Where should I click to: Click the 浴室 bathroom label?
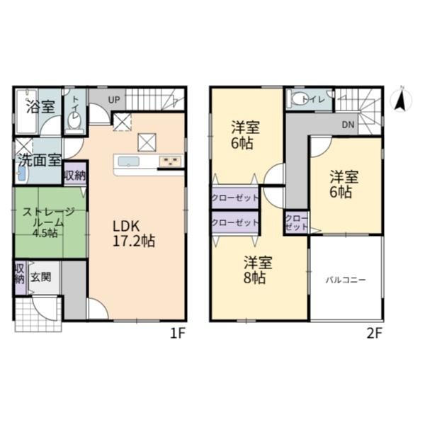coord(40,107)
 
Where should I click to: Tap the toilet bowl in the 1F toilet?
coord(74,121)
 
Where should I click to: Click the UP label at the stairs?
coord(114,100)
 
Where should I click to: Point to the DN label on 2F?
coord(348,125)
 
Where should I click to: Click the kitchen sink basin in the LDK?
coord(128,161)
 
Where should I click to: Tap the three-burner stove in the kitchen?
coord(170,161)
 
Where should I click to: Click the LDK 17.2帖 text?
coord(134,234)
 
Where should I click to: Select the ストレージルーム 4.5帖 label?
coord(48,222)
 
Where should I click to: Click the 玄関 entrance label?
coord(40,277)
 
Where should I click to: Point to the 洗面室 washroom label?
coord(40,161)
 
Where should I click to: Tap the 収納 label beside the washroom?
coord(75,176)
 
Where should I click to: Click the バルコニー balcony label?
coord(346,280)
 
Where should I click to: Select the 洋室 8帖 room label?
coord(257,270)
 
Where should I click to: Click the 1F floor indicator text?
coord(177,334)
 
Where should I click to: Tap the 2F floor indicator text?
coord(374,334)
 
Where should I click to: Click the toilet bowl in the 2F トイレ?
coord(297,99)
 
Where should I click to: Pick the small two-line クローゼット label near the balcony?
coord(297,222)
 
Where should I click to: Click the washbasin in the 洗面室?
coord(22,174)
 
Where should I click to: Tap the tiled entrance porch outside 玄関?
coord(38,314)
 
